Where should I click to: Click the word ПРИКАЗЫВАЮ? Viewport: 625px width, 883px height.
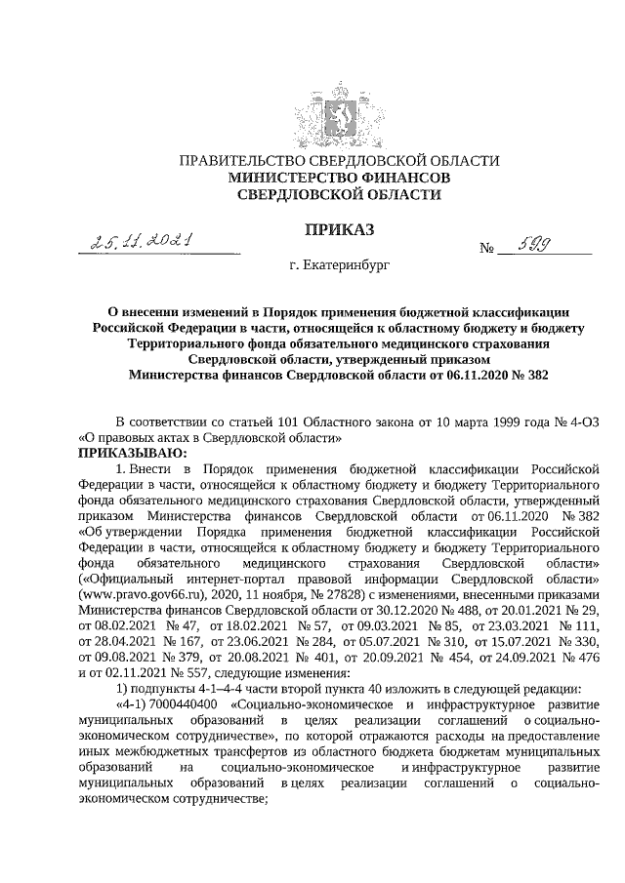coord(126,453)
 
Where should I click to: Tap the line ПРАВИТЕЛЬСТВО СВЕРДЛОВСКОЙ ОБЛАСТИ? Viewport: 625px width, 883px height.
coord(335,161)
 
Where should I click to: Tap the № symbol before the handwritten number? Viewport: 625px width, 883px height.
coord(485,249)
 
